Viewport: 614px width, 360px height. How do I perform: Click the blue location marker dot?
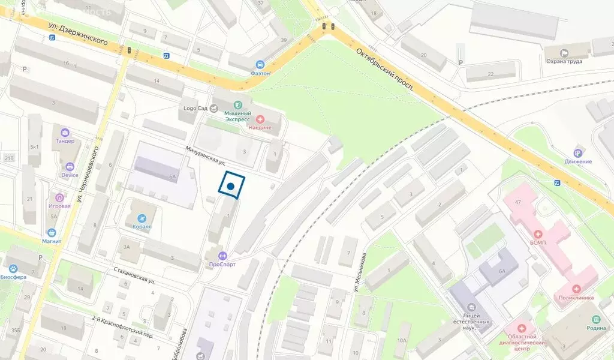[230, 187]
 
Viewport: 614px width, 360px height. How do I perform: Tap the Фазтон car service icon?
[260, 64]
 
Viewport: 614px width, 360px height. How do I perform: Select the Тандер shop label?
[65, 141]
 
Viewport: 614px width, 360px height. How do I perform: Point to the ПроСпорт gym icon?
[222, 255]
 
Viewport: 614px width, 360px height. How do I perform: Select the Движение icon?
[577, 152]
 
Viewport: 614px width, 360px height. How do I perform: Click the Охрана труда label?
[564, 61]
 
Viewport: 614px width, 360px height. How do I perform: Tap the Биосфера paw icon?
[12, 268]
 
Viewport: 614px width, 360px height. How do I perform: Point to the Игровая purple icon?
[59, 197]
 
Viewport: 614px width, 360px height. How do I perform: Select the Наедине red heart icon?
[260, 119]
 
